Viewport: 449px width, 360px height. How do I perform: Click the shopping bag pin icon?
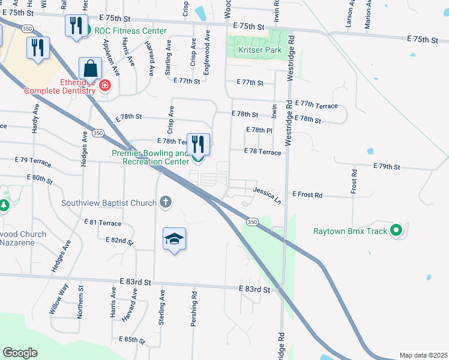(90, 68)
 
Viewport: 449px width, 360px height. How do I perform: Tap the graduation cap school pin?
(174, 239)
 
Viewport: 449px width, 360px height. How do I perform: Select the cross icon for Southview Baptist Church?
(166, 203)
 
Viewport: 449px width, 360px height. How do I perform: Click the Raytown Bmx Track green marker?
(396, 230)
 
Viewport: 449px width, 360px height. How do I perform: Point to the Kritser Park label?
(260, 50)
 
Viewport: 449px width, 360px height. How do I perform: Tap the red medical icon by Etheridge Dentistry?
(105, 85)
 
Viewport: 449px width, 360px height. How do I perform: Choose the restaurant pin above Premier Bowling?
(199, 144)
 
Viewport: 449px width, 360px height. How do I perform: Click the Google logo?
(20, 353)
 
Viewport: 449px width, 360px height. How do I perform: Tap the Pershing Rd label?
(194, 309)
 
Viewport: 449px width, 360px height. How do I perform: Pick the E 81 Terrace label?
(104, 223)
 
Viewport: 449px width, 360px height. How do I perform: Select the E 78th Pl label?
(259, 130)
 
